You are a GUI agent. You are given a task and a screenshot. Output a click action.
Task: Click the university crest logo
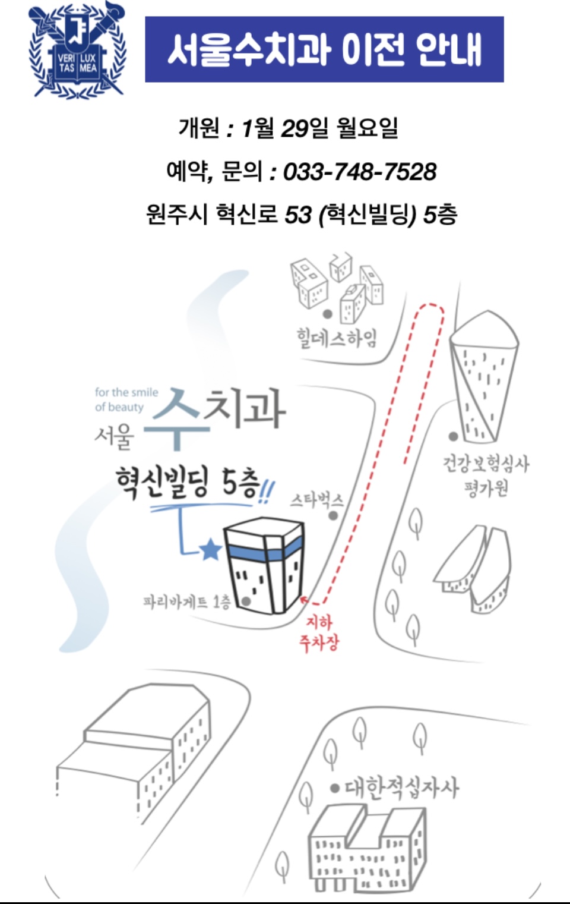(x=77, y=51)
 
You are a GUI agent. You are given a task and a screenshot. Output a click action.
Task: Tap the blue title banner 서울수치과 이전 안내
(x=324, y=49)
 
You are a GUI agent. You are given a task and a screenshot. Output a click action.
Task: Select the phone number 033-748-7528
(x=359, y=172)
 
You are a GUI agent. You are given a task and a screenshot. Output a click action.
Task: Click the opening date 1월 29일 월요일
(x=319, y=127)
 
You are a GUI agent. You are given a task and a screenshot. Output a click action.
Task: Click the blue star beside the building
(x=210, y=550)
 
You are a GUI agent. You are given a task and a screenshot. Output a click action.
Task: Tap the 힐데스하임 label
(x=337, y=338)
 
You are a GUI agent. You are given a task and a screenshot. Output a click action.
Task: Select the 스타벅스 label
(x=316, y=500)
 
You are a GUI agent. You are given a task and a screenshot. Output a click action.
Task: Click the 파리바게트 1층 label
(x=186, y=602)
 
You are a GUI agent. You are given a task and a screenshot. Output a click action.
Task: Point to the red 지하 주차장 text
(x=319, y=632)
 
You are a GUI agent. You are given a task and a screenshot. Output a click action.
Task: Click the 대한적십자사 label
(x=401, y=788)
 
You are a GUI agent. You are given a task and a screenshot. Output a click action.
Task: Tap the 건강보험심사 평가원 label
(x=486, y=475)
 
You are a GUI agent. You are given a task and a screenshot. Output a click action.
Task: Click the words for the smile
(x=126, y=392)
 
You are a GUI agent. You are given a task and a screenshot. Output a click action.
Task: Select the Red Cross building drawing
(x=366, y=850)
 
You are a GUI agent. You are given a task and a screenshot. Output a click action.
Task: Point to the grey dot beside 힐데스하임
(x=327, y=314)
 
